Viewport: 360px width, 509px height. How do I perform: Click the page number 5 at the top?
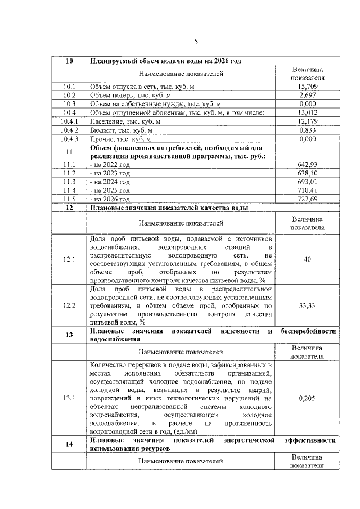coord(196,41)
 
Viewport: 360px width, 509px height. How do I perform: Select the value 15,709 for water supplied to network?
coord(307,87)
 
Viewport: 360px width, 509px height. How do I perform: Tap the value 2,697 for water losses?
coord(307,96)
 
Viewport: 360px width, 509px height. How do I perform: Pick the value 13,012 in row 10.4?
coord(307,112)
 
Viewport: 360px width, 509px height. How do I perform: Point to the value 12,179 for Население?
coord(307,121)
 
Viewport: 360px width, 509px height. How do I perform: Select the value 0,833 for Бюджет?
coord(307,129)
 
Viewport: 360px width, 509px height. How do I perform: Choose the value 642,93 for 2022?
coord(307,165)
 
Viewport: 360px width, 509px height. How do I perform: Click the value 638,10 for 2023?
coord(307,173)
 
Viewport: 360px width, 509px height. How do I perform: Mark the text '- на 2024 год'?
coord(110,182)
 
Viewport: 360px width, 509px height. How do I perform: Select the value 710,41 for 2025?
coord(307,191)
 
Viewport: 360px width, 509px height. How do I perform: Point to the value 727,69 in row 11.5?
coord(307,199)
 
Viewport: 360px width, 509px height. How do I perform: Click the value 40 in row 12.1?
coord(307,259)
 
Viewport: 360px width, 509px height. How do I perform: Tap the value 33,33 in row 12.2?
coord(307,305)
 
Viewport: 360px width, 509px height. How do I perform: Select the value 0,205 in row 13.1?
coord(307,398)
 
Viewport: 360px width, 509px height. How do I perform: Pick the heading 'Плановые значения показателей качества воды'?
coord(169,208)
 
